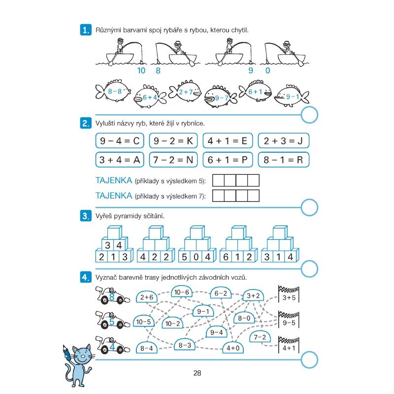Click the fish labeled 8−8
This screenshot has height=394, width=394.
(113, 91)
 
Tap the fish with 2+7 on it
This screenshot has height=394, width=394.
(185, 91)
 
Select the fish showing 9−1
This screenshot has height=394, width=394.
(292, 96)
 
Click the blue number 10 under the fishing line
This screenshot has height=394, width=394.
(141, 70)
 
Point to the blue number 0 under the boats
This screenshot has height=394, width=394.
(267, 70)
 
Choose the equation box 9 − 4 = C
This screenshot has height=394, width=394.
(120, 141)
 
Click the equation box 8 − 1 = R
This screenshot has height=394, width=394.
(284, 160)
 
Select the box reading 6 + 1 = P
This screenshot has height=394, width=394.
(228, 160)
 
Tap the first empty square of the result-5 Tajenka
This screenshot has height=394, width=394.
(218, 180)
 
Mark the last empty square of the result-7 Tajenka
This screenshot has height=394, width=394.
(253, 196)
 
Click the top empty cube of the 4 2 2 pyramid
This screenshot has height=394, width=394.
(156, 232)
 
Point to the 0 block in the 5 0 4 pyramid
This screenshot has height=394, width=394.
(196, 257)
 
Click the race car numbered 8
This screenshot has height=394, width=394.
(113, 295)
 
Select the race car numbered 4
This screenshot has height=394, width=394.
(113, 345)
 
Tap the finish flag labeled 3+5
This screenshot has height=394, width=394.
(289, 294)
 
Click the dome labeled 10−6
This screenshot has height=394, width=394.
(182, 292)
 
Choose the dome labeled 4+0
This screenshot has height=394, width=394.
(233, 347)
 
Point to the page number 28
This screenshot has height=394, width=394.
(197, 373)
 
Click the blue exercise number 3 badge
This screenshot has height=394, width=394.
(86, 216)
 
